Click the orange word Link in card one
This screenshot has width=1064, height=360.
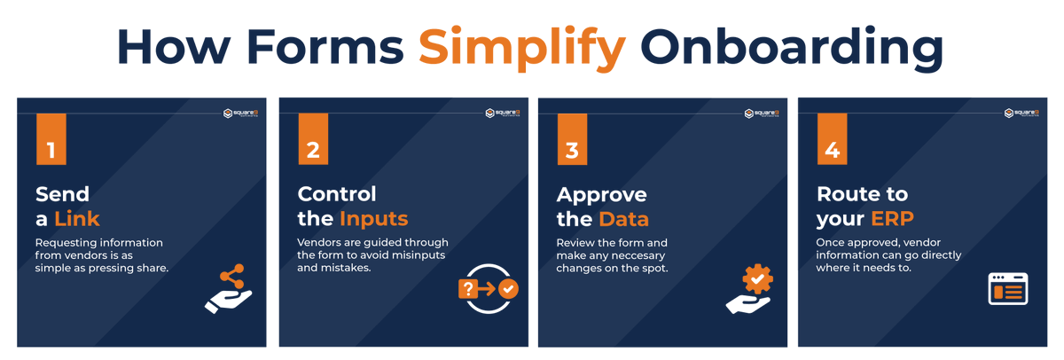(x=77, y=218)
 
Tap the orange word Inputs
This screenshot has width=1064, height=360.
(x=374, y=218)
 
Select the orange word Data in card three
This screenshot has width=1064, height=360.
(x=623, y=218)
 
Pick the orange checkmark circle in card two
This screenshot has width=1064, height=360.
(x=508, y=288)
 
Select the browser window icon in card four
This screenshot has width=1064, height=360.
(x=1008, y=289)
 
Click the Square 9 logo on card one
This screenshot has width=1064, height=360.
(x=240, y=113)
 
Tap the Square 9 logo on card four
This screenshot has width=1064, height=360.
(x=1021, y=113)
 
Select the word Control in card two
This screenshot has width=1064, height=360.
(x=337, y=194)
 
